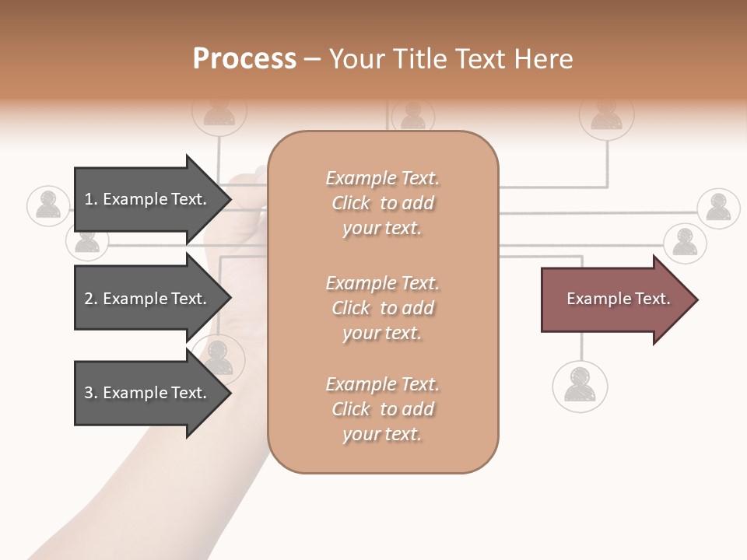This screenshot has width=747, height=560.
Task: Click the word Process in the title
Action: click(x=244, y=59)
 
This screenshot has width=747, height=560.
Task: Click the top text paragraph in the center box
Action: click(x=382, y=203)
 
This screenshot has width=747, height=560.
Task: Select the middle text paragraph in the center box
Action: click(x=382, y=308)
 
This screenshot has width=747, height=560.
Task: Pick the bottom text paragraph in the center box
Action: click(x=382, y=409)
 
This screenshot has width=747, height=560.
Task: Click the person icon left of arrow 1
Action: click(x=48, y=206)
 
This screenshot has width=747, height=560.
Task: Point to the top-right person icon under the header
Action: click(x=606, y=115)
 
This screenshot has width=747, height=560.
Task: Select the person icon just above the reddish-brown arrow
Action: click(x=685, y=243)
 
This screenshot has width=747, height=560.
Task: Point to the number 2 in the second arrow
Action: click(x=89, y=299)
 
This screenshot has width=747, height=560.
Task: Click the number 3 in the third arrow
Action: click(x=89, y=393)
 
